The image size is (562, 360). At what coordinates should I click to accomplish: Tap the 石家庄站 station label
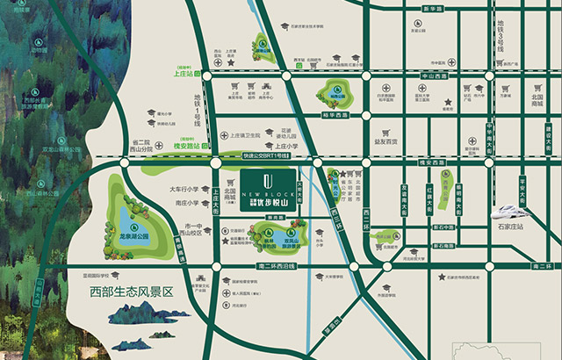508,227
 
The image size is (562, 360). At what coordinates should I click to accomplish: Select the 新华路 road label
431,8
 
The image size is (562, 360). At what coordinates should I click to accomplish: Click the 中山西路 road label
434,76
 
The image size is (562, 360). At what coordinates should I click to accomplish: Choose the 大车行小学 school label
185,189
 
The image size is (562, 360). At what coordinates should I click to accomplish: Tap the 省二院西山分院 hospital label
143,146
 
